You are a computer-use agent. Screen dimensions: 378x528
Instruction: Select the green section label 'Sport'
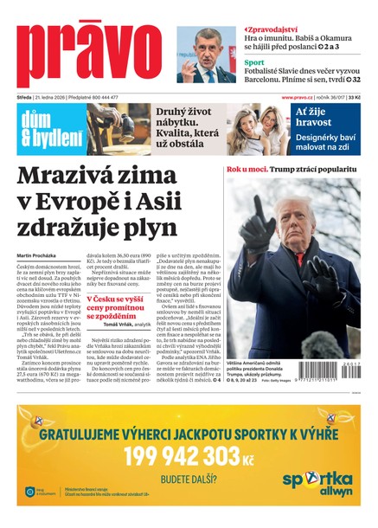point(253,62)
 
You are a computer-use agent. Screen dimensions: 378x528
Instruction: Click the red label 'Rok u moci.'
point(246,170)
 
